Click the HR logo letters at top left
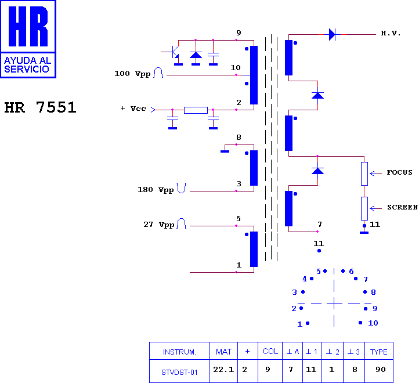coord(28,26)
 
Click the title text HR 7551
coord(41,107)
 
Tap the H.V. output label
coord(391,34)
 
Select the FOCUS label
coord(399,172)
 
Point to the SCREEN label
coord(402,207)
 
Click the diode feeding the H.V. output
coord(332,34)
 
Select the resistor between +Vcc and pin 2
coord(196,110)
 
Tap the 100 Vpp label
coord(132,74)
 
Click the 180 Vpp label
coord(156,190)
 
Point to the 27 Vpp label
coord(159,225)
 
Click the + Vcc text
coord(133,109)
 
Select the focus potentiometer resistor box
coord(364,174)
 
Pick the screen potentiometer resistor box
coord(364,208)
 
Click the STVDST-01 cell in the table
coord(179,373)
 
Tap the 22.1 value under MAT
coord(223,370)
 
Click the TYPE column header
coord(378,352)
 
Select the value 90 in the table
coord(381,370)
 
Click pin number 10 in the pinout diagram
coord(373,323)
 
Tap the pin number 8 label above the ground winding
coord(239,138)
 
